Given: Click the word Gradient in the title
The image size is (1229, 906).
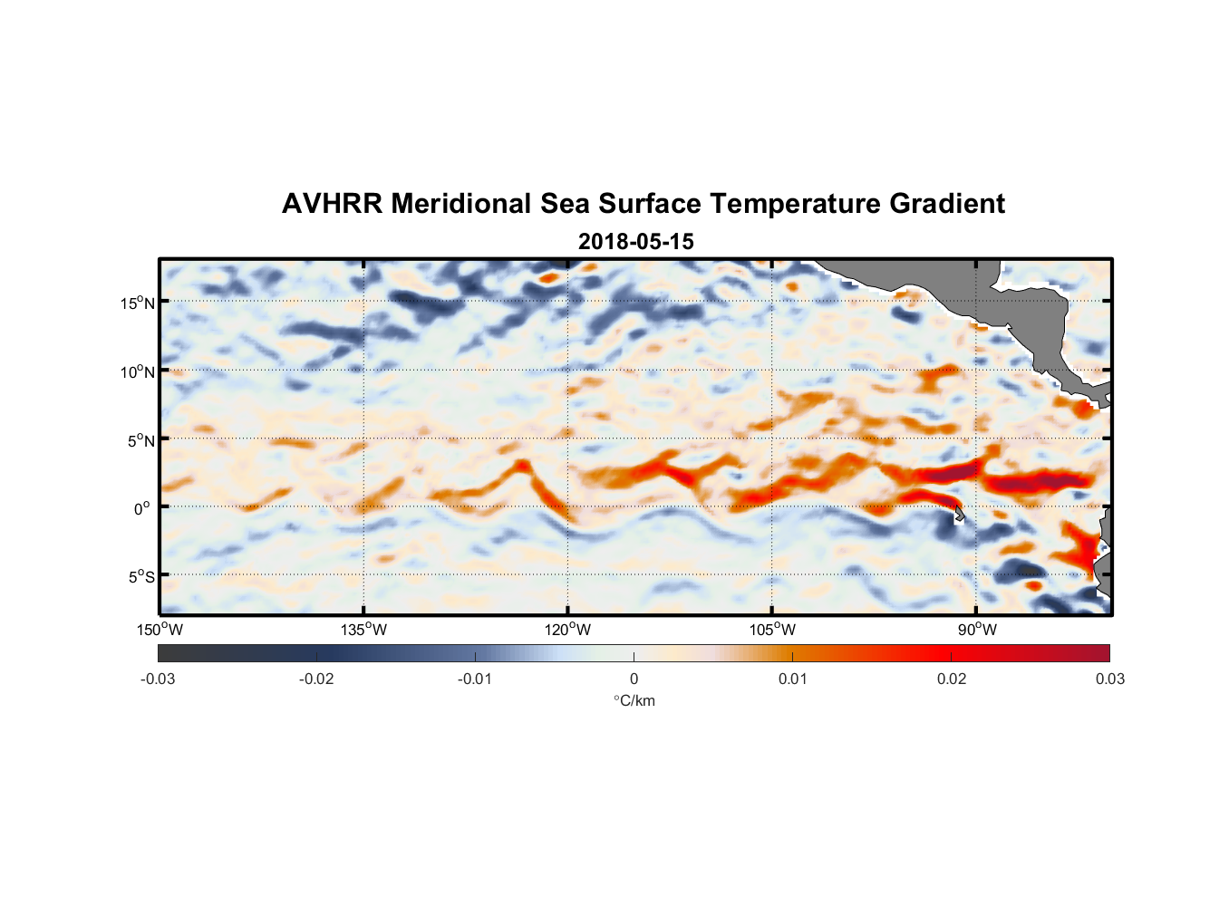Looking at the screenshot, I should click(946, 204).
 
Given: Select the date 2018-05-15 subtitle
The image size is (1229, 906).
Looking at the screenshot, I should click(635, 242).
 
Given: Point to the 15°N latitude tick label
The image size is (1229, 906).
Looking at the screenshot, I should click(138, 303).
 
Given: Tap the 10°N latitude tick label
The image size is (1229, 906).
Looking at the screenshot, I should click(138, 371).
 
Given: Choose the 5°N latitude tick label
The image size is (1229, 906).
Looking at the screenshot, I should click(140, 440).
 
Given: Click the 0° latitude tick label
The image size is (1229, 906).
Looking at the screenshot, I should click(142, 508).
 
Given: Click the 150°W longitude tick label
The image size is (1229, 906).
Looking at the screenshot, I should click(160, 630).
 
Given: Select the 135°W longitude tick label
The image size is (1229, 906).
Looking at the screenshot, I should click(363, 630).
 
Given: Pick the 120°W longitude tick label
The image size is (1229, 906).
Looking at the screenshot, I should click(567, 630).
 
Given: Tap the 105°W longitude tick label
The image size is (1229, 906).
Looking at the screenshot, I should click(772, 630).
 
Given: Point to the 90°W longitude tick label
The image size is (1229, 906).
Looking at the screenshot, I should click(977, 630).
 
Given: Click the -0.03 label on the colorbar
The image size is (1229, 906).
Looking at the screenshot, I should click(158, 679).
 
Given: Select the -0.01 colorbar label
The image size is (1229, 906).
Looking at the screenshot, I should click(475, 679).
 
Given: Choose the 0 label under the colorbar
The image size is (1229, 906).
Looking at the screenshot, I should click(634, 679).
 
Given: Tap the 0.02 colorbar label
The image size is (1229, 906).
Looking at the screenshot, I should click(952, 679).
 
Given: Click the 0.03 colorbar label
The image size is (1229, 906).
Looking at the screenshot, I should click(1109, 679).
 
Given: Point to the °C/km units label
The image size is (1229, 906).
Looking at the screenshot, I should click(634, 700).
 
